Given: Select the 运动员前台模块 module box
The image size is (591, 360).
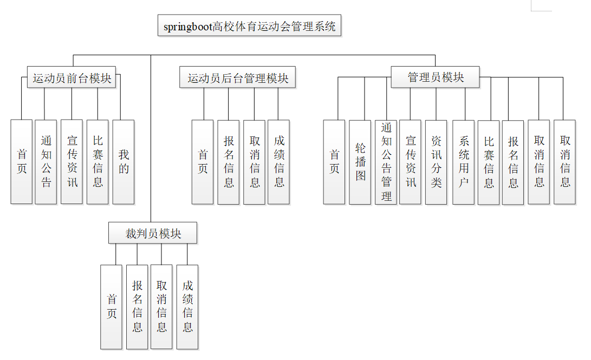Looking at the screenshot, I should (x=72, y=78).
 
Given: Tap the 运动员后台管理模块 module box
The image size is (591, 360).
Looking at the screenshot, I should (x=238, y=78).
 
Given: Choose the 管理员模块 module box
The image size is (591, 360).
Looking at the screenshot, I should (x=436, y=77).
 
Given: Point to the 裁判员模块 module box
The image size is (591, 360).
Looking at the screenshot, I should (x=153, y=233).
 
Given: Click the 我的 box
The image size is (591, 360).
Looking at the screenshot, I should (x=124, y=162).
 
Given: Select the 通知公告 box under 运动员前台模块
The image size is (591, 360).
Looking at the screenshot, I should (x=46, y=162).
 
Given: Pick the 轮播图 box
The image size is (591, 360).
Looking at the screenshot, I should (x=360, y=162).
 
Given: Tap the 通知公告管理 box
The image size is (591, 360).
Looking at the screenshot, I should (x=386, y=162).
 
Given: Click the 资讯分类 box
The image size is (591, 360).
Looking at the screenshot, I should (x=436, y=162).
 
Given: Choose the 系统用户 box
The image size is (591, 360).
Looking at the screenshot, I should (x=464, y=162).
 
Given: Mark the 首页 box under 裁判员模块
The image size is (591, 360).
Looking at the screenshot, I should (x=112, y=307).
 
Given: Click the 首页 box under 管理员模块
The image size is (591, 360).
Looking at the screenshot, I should (x=334, y=162).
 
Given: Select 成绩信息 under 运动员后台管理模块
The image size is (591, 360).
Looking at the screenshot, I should (x=279, y=162).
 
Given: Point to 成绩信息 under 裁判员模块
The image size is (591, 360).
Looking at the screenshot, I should (x=187, y=307).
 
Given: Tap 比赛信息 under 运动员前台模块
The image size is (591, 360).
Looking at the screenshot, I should (x=98, y=162).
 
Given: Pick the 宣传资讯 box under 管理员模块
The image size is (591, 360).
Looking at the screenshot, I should (x=411, y=162).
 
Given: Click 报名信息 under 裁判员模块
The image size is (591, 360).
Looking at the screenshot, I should (x=137, y=307).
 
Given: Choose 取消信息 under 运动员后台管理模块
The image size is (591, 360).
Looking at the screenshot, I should (x=255, y=162).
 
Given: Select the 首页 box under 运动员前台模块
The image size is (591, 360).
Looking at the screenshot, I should (x=22, y=162).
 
